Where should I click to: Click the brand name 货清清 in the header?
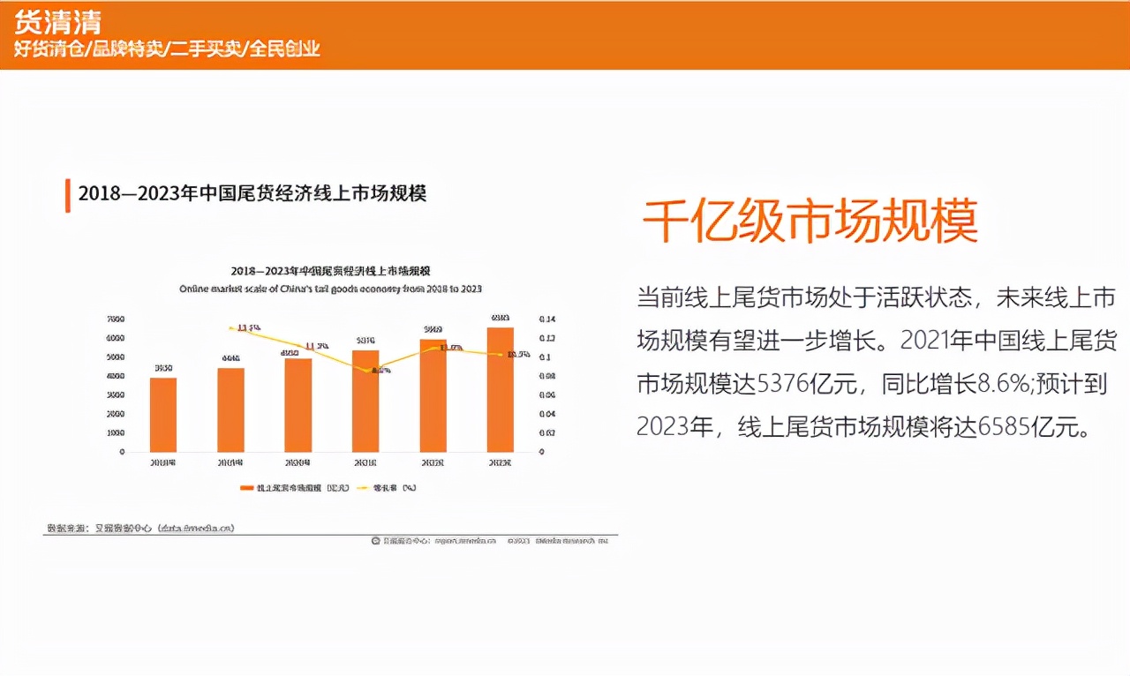tap(57, 21)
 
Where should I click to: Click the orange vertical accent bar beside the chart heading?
tap(67, 195)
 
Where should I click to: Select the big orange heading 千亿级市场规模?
tap(810, 221)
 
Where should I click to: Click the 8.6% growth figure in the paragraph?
tap(1004, 384)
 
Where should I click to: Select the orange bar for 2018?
tap(163, 415)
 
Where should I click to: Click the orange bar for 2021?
tap(365, 401)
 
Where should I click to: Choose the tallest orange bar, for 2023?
tap(501, 389)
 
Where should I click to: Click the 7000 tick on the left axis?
tap(115, 319)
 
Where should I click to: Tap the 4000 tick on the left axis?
tap(115, 376)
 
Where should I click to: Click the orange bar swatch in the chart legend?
tap(246, 488)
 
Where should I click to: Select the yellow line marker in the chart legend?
tap(362, 488)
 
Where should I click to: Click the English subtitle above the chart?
tap(330, 289)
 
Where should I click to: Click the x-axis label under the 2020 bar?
tap(298, 462)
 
